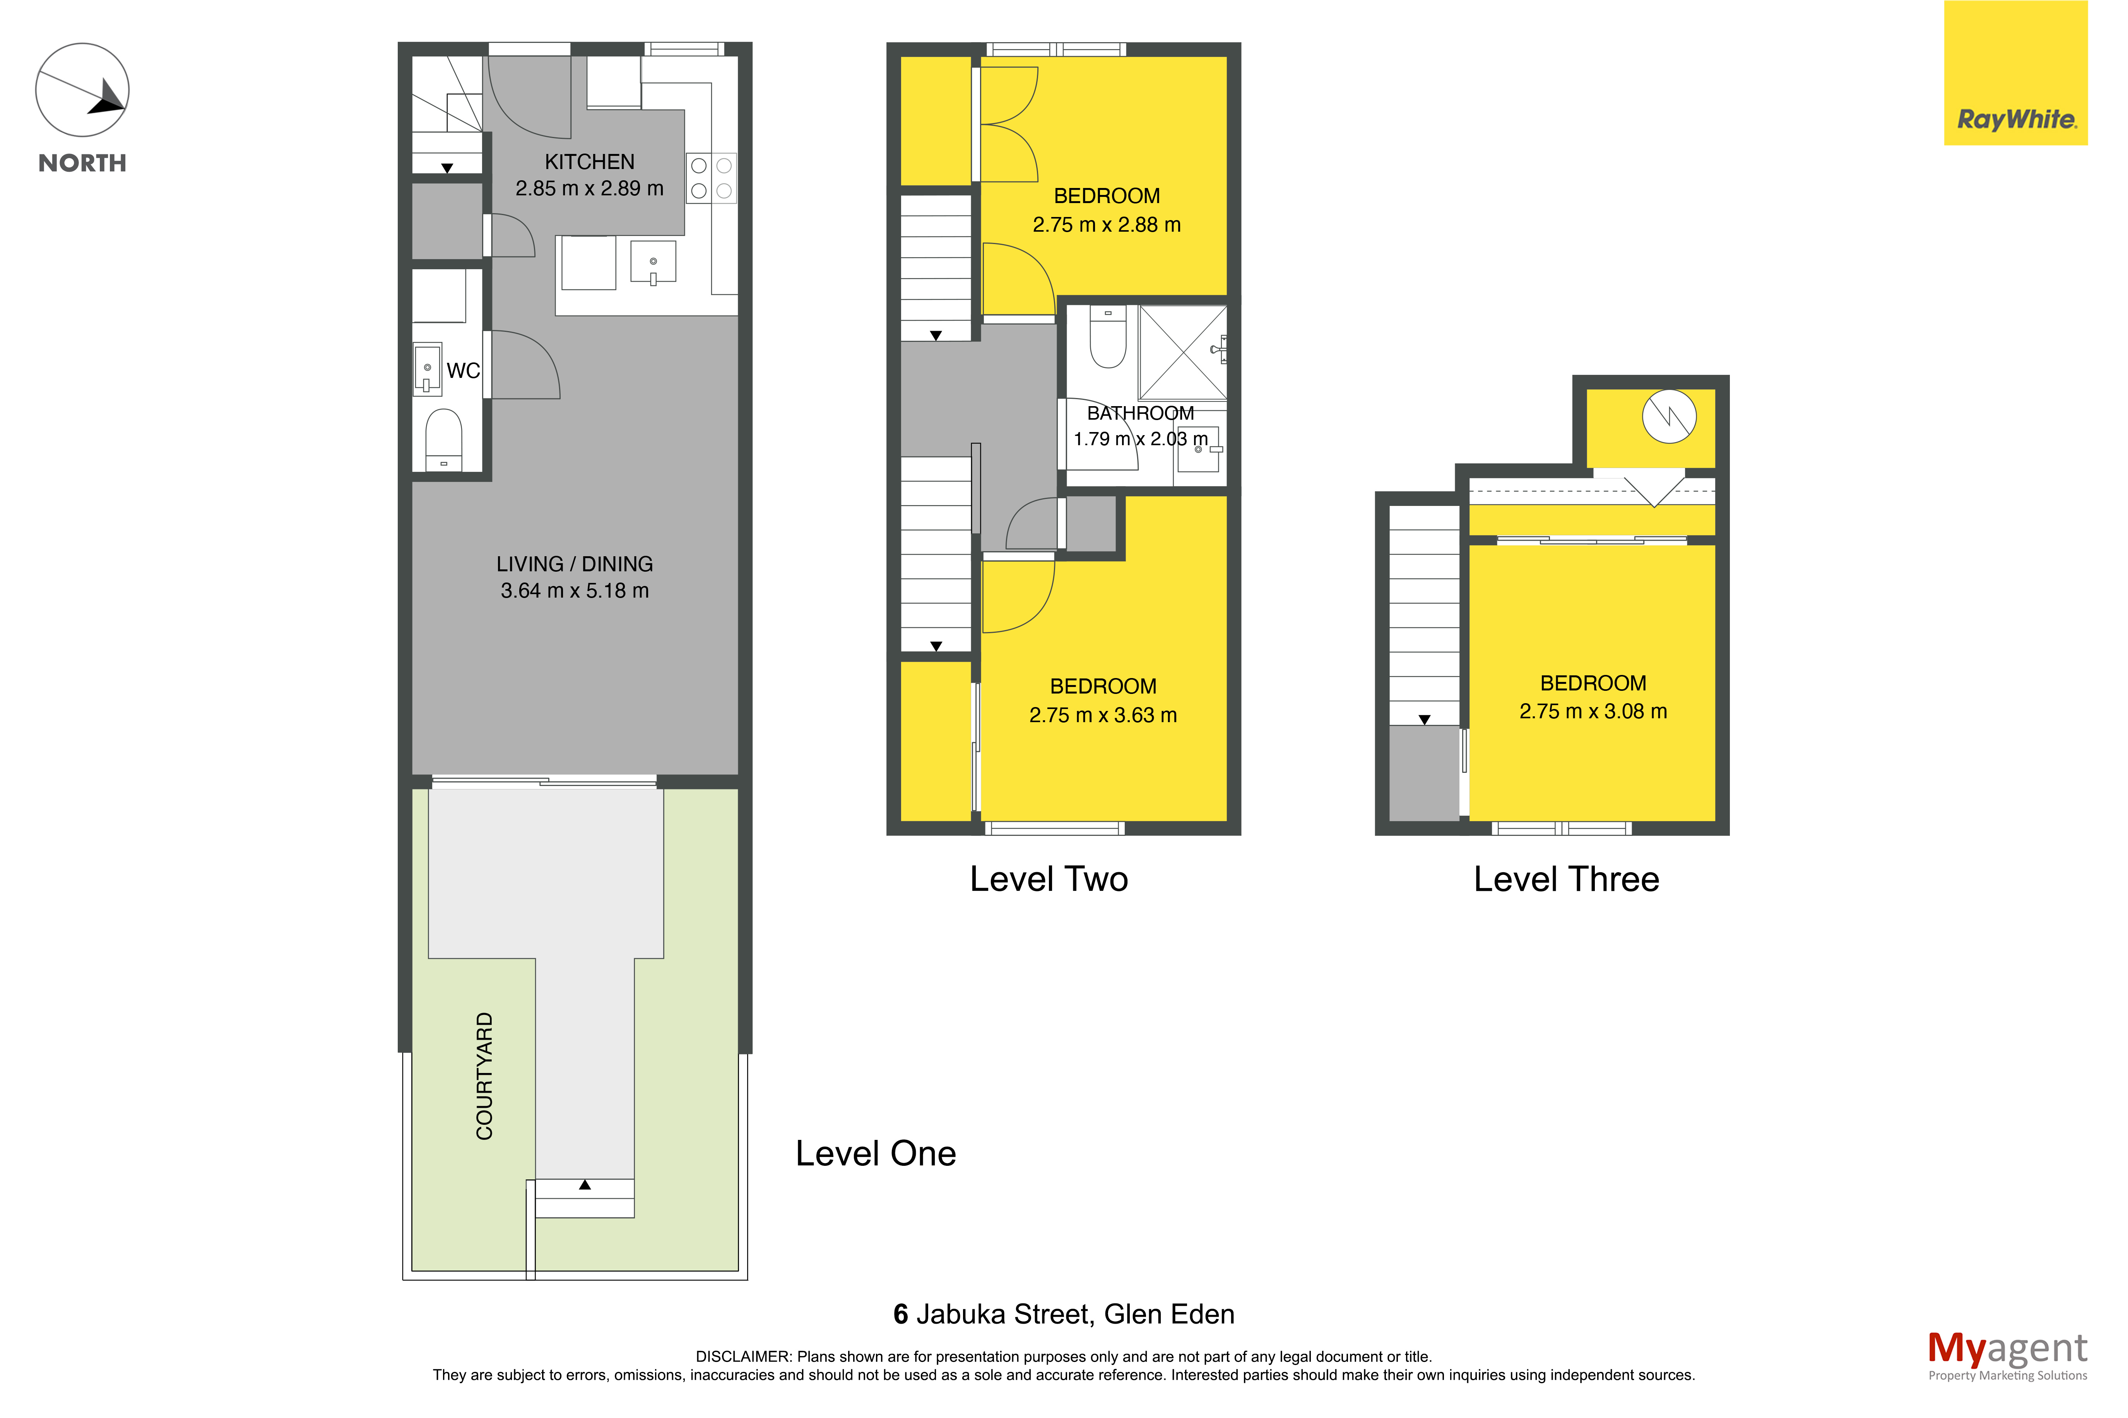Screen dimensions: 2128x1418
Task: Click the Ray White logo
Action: tap(2015, 73)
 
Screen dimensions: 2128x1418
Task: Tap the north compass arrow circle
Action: tap(82, 91)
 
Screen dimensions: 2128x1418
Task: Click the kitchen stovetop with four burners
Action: tap(711, 178)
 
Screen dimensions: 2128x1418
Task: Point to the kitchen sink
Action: tap(653, 262)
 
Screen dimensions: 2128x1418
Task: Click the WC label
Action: tap(463, 371)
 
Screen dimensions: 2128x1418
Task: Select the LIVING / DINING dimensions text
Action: tap(574, 591)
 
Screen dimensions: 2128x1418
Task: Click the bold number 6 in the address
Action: tap(901, 1314)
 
